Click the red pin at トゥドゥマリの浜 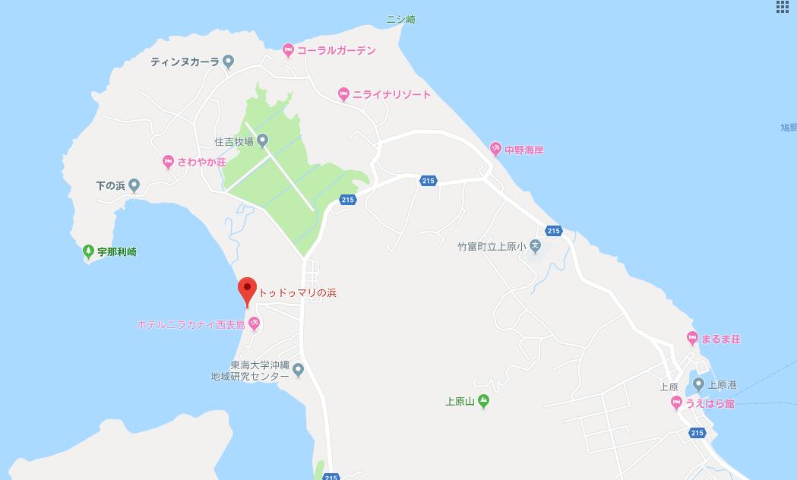246,290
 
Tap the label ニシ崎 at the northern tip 401,20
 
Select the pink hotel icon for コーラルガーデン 288,51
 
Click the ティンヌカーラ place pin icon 228,62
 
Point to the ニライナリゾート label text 391,95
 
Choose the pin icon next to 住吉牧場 262,141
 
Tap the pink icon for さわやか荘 168,162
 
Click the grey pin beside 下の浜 134,185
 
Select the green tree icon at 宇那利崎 89,251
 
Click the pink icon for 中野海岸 495,150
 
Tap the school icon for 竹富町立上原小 535,246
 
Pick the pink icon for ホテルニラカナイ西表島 255,324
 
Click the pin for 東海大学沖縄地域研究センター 299,370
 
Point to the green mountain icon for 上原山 483,402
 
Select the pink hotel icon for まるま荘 691,338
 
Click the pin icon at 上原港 699,384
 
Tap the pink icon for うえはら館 676,403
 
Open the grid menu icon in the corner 783,7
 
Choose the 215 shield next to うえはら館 697,432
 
